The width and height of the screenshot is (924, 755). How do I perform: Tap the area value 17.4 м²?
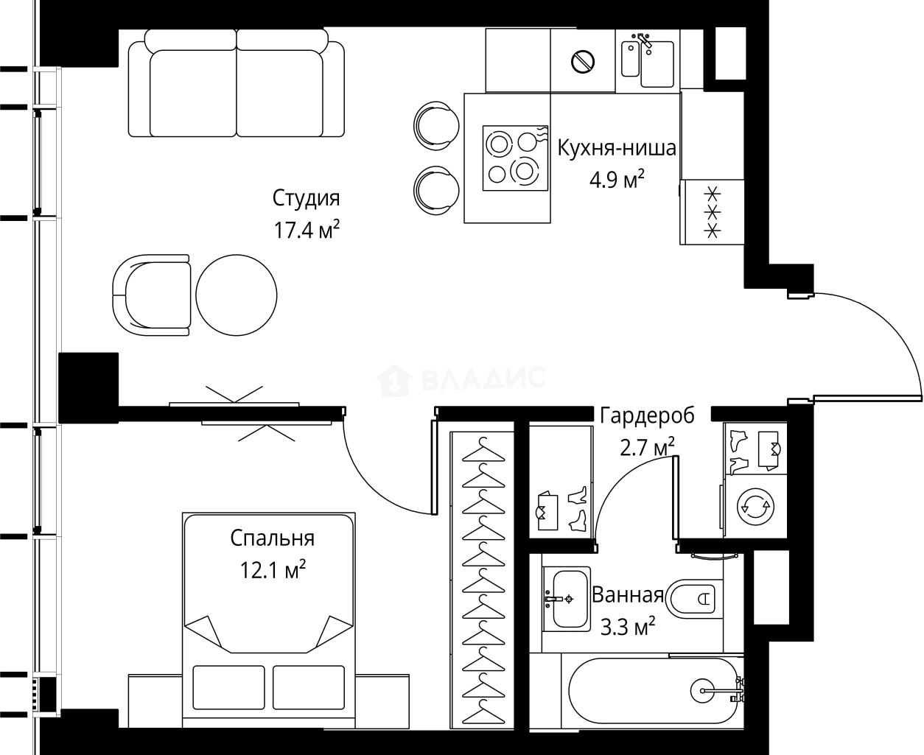(307, 230)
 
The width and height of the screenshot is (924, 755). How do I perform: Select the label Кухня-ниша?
(617, 149)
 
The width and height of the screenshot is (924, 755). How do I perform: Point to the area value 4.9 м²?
(617, 179)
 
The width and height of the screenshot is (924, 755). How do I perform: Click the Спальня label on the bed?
(272, 538)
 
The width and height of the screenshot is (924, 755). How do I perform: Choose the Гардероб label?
(647, 415)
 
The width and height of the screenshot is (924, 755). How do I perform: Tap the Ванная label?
(627, 595)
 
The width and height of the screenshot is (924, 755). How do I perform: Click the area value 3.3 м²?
(627, 627)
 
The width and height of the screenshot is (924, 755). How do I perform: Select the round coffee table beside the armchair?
(236, 295)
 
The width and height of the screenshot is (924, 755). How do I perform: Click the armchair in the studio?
(152, 295)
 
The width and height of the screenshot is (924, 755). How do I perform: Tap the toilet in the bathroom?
(693, 599)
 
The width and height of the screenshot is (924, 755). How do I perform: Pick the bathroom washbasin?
(566, 599)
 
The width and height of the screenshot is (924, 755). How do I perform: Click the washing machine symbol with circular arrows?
(756, 507)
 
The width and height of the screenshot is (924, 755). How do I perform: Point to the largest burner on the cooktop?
(525, 171)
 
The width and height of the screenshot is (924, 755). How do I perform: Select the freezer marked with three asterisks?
(712, 211)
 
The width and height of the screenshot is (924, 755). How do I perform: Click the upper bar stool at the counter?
(436, 126)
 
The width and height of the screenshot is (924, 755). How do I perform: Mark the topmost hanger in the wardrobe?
(483, 450)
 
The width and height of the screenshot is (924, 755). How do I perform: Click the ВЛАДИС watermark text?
(483, 379)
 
